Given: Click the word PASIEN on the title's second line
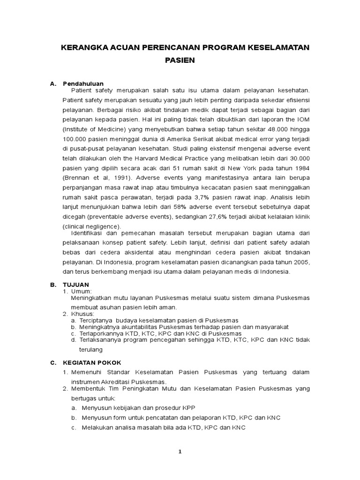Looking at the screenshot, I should click(x=180, y=60).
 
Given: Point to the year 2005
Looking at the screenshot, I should click(x=300, y=262).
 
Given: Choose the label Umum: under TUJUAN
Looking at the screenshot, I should click(x=80, y=291).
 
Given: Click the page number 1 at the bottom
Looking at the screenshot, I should click(x=180, y=452).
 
